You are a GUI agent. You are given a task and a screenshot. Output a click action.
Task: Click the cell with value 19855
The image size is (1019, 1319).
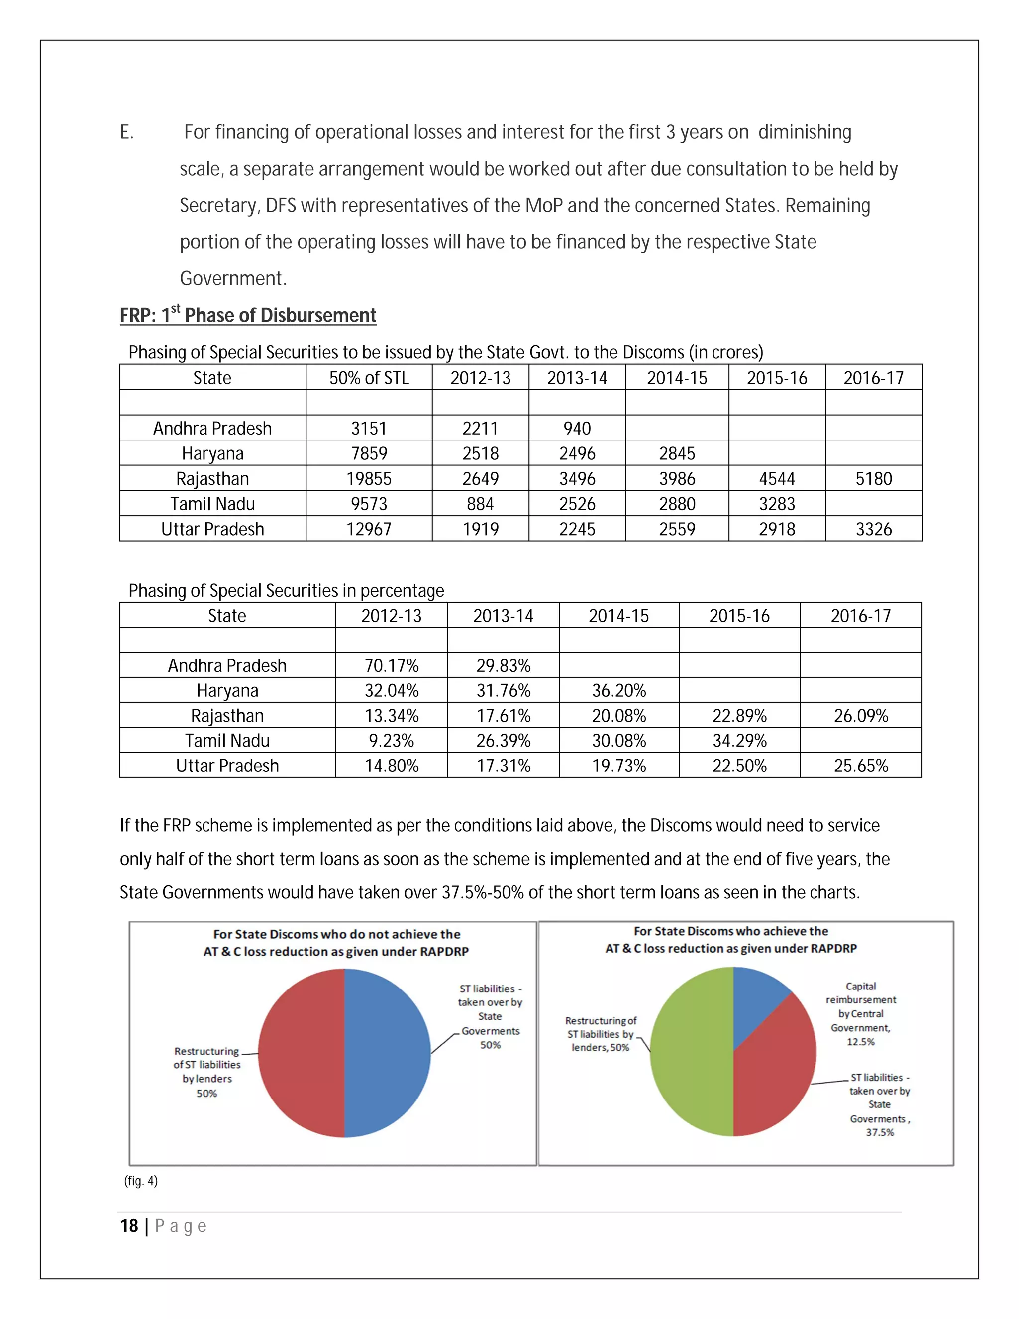point(369,478)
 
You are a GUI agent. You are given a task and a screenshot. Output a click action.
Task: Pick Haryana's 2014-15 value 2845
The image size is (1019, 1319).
point(677,453)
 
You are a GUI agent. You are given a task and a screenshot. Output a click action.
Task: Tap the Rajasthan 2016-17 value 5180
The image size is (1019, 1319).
point(874,478)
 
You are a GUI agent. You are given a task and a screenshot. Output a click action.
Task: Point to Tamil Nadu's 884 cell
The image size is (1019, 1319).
point(480,504)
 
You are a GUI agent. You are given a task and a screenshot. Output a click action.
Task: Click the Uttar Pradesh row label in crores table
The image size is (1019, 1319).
point(212,529)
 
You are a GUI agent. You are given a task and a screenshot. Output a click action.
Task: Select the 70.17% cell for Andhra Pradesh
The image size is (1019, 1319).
point(391,665)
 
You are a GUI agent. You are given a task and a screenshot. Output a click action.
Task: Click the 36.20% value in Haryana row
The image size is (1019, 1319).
point(619,690)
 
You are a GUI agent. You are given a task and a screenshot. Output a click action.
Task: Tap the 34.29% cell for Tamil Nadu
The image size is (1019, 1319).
point(739,741)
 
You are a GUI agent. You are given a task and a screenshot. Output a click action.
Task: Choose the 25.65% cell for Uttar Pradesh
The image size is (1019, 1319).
point(861,766)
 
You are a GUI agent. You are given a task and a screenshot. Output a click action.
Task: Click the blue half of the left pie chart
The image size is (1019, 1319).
point(386,1054)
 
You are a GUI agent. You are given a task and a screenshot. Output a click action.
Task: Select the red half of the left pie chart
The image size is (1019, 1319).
point(302,1054)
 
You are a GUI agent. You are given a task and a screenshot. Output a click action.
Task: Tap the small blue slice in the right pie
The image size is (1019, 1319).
point(755,996)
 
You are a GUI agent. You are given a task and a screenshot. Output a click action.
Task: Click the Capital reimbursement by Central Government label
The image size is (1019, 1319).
point(860,1014)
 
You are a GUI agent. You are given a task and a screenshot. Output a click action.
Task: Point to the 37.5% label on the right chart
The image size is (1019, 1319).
point(880,1132)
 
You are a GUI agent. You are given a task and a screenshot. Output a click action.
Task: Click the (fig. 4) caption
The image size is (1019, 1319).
point(141,1181)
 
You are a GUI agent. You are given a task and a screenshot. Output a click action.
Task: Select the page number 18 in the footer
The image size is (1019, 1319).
point(129,1226)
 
